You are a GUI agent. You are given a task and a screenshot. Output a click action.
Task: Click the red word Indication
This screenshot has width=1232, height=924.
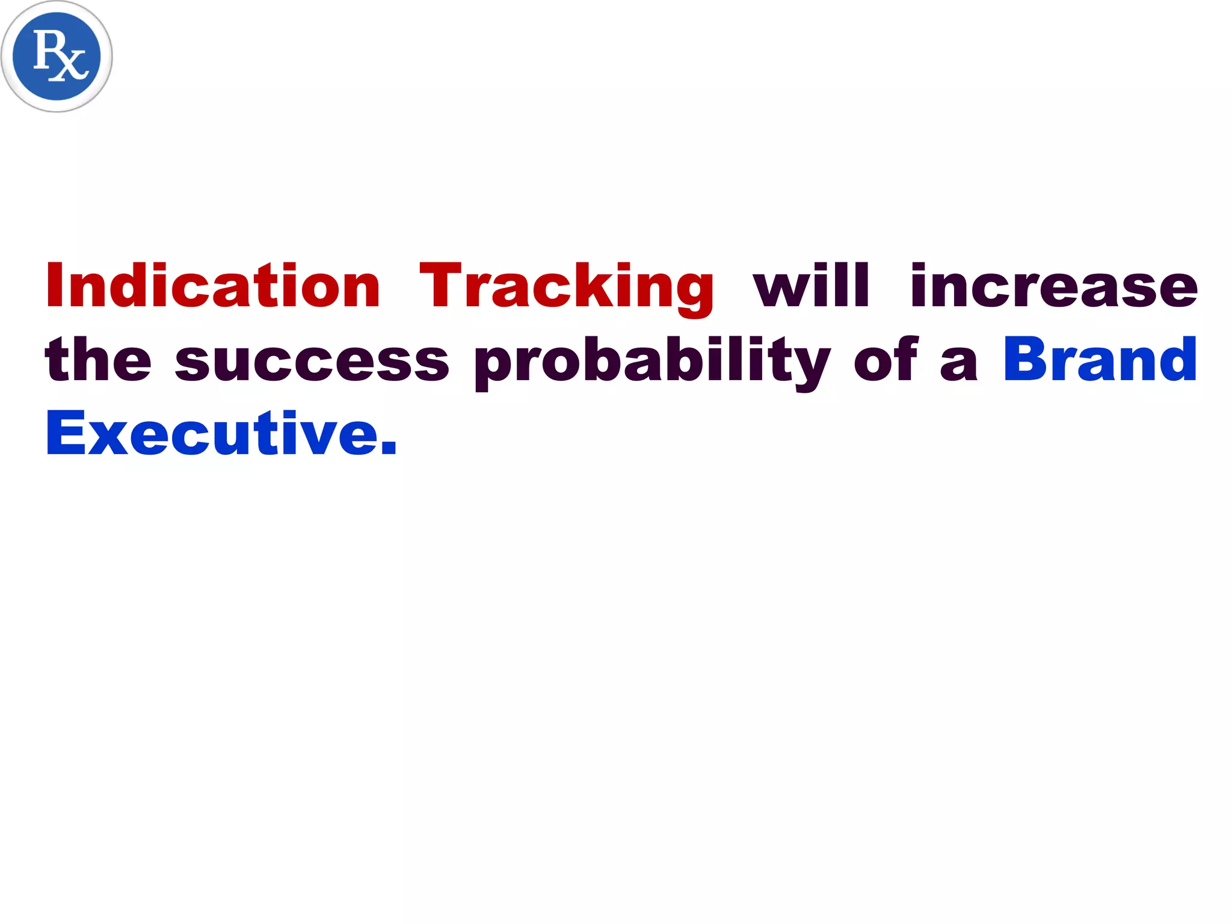click(x=213, y=286)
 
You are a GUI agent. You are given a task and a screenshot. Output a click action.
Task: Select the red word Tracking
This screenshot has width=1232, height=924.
click(x=566, y=288)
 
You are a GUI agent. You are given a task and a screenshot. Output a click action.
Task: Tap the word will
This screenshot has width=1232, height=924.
click(x=811, y=286)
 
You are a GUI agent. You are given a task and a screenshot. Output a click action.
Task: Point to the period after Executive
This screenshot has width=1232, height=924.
click(x=389, y=448)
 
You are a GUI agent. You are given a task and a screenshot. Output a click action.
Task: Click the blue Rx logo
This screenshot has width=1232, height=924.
click(x=57, y=56)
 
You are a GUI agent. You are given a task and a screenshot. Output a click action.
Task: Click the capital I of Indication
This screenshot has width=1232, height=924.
click(x=55, y=286)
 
